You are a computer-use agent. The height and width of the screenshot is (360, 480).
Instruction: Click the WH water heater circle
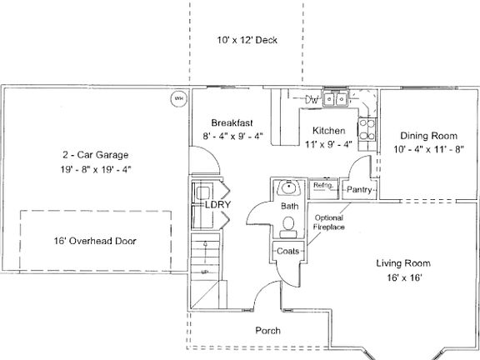click(x=177, y=98)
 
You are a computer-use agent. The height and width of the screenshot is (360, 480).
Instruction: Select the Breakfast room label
click(x=232, y=122)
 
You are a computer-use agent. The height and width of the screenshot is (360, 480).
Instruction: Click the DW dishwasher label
click(x=312, y=101)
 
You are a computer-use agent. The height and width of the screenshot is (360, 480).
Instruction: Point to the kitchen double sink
click(x=336, y=100)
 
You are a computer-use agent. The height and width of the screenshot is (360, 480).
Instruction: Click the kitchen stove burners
click(x=367, y=129)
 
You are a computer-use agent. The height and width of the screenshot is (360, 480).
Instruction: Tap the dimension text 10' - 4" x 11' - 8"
click(x=429, y=150)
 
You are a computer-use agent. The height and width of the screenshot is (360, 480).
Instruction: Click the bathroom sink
click(x=288, y=188)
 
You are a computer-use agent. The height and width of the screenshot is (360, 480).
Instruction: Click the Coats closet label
click(x=288, y=251)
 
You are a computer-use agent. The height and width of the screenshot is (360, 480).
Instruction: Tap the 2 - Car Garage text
click(x=96, y=155)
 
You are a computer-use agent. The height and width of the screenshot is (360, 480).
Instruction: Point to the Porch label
click(x=267, y=331)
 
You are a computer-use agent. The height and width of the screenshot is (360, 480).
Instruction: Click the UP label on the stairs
click(x=204, y=272)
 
